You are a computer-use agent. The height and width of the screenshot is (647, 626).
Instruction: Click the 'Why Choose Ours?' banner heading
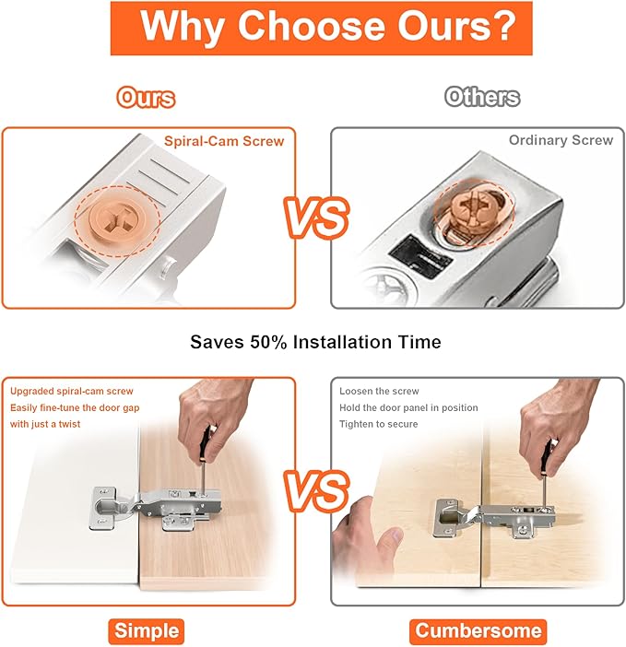pyautogui.click(x=321, y=29)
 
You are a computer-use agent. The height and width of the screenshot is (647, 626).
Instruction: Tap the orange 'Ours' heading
pyautogui.click(x=146, y=99)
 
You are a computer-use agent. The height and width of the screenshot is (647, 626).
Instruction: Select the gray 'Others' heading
pyautogui.click(x=482, y=98)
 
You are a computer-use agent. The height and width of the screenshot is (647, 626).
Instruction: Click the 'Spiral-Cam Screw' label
pyautogui.click(x=224, y=141)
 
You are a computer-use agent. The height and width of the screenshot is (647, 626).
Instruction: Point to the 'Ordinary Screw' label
pyautogui.click(x=561, y=140)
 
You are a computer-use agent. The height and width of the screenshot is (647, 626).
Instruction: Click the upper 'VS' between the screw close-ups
pyautogui.click(x=316, y=217)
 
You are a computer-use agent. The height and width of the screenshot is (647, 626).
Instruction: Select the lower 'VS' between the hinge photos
pyautogui.click(x=316, y=490)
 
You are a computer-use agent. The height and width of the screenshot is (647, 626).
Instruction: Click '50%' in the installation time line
pyautogui.click(x=267, y=342)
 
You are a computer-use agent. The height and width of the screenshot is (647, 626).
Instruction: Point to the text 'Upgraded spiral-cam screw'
pyautogui.click(x=71, y=391)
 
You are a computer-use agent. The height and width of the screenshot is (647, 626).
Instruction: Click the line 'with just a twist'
pyautogui.click(x=45, y=424)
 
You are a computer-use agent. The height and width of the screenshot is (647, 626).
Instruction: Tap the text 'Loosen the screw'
pyautogui.click(x=379, y=391)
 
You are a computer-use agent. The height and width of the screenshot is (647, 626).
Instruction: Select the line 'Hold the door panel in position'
pyautogui.click(x=408, y=407)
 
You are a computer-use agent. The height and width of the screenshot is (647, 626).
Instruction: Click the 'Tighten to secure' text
pyautogui.click(x=378, y=424)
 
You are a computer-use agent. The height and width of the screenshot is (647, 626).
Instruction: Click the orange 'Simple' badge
pyautogui.click(x=147, y=631)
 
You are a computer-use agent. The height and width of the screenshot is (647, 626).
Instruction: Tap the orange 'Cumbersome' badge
pyautogui.click(x=478, y=631)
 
